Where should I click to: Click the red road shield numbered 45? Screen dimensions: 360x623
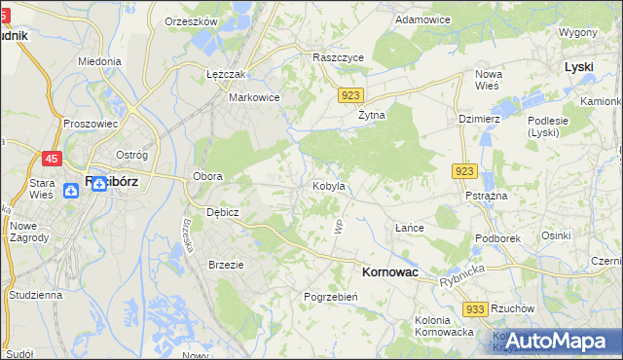(52, 157)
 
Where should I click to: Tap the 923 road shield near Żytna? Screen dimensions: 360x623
(352, 95)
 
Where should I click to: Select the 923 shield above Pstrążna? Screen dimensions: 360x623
(463, 171)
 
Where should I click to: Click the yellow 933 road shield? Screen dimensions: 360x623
(475, 308)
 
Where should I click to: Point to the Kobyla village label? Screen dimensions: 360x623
(328, 185)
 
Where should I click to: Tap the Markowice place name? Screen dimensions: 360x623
(254, 97)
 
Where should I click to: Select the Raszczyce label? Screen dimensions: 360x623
(338, 57)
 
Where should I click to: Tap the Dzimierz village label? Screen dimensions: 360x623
(479, 119)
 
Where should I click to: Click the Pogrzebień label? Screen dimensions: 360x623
(332, 297)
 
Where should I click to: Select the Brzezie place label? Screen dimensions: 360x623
(226, 264)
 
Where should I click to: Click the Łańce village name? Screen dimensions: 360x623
(409, 228)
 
